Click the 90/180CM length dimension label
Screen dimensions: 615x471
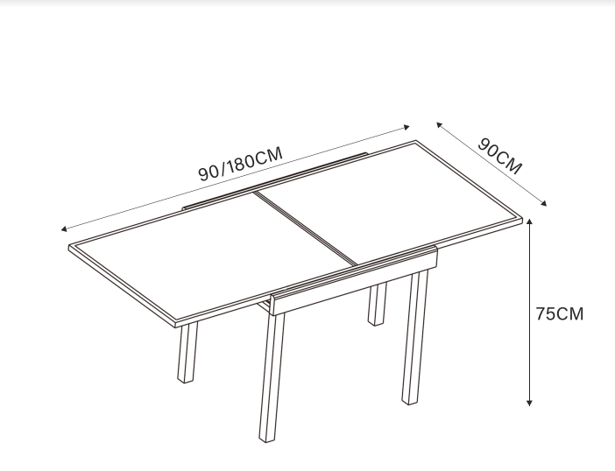[x=240, y=164]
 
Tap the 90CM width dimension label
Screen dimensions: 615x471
[x=499, y=156]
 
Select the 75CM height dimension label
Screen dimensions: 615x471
[x=560, y=314]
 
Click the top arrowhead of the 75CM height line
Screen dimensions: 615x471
[x=529, y=221]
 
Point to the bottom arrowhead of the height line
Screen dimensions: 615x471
[x=529, y=403]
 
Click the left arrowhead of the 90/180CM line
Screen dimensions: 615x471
[x=64, y=229]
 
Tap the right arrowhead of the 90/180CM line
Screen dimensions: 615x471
[x=406, y=127]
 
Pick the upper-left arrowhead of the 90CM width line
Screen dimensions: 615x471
[x=439, y=125]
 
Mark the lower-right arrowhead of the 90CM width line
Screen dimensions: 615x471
[x=543, y=203]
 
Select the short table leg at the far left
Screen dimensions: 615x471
[x=187, y=352]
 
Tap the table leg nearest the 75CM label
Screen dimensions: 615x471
[x=414, y=337]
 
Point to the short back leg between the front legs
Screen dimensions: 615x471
[x=377, y=304]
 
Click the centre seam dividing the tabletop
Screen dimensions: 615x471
[x=306, y=228]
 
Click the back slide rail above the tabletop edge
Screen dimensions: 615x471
[x=274, y=180]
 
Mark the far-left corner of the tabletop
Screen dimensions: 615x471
[x=69, y=247]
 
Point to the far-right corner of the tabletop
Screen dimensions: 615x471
[x=523, y=220]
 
